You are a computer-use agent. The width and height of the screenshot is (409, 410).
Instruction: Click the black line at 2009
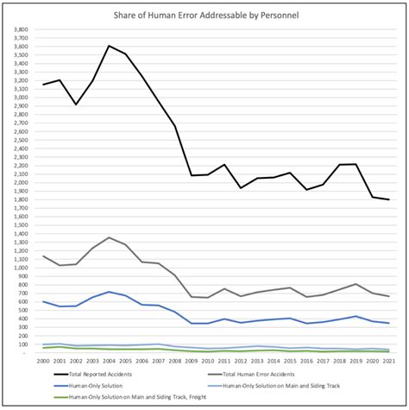191,175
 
